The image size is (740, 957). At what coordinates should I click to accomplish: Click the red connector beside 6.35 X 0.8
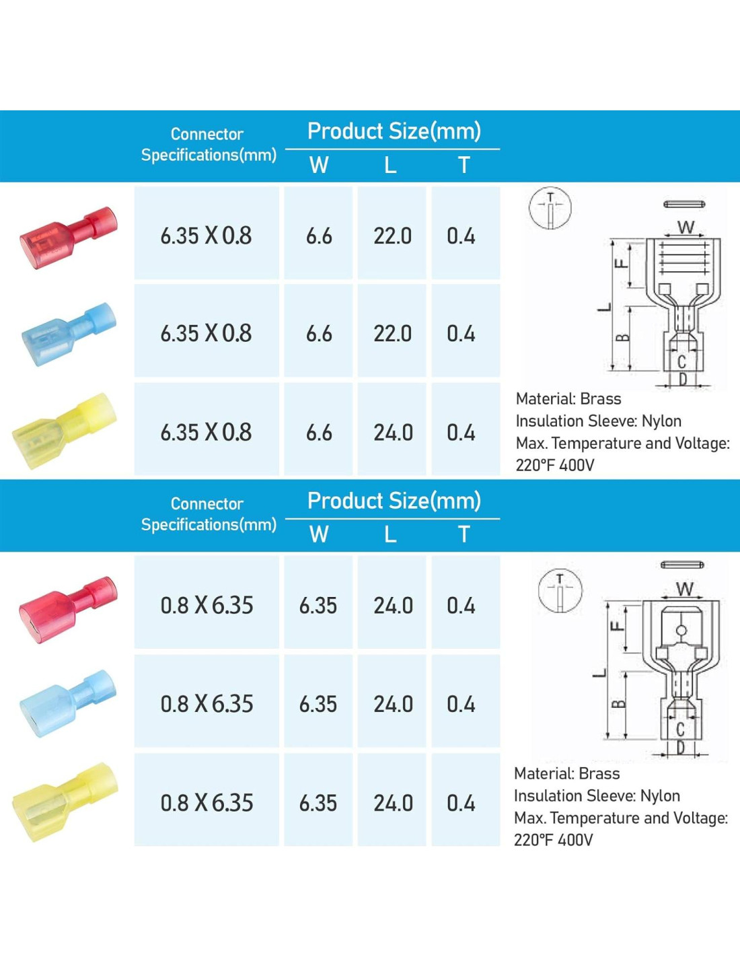[x=69, y=238]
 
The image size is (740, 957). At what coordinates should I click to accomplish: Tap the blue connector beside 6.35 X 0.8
[x=69, y=334]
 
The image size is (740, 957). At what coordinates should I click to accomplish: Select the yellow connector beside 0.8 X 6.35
[x=65, y=802]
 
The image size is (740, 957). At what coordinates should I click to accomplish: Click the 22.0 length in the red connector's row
[x=392, y=236]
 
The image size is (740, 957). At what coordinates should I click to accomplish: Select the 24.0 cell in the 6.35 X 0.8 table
[x=393, y=433]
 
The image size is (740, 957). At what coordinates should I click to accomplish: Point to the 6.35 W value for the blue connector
[x=318, y=704]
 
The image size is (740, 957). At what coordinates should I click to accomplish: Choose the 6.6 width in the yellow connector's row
[x=319, y=433]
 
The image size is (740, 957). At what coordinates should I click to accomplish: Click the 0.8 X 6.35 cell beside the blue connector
[x=207, y=704]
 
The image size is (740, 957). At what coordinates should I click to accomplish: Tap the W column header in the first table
[x=319, y=165]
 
